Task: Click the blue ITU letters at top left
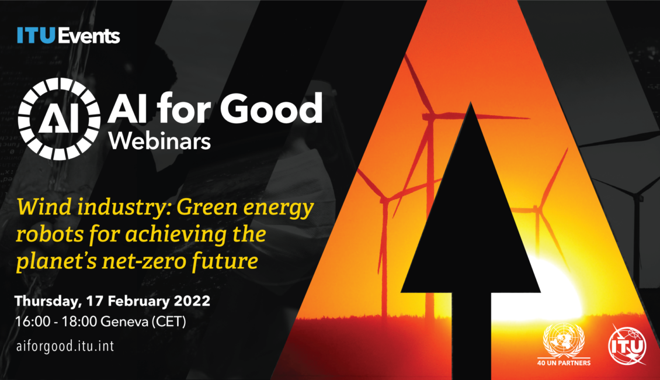click(36, 36)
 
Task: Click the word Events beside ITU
click(89, 36)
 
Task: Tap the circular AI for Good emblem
click(60, 119)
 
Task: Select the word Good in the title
click(272, 108)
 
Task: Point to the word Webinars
click(160, 141)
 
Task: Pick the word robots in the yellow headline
click(50, 234)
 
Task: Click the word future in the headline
click(224, 261)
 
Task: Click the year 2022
click(192, 301)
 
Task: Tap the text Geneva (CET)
click(144, 322)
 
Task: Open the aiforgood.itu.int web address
click(65, 346)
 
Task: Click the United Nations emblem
click(564, 340)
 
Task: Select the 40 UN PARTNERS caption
click(564, 362)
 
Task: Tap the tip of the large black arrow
click(471, 102)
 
